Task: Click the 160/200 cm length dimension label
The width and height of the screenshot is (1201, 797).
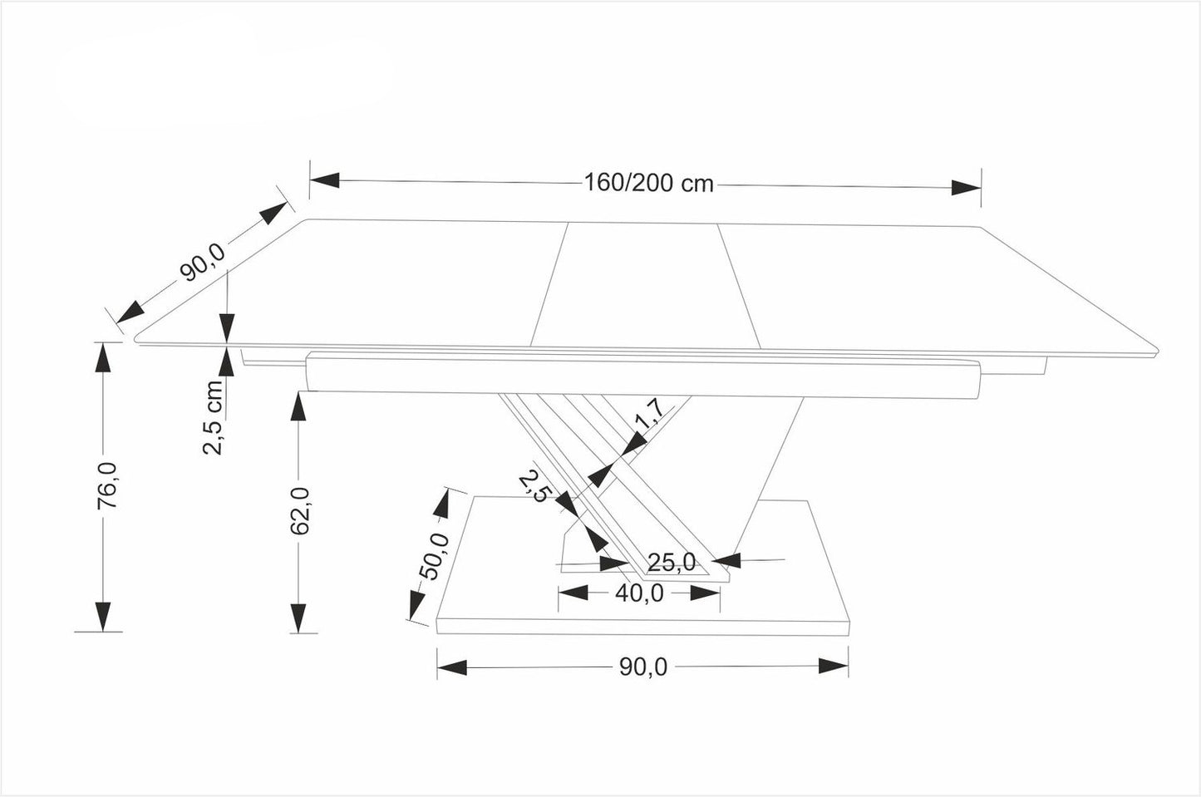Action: [648, 183]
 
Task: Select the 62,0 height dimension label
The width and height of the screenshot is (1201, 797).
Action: [302, 510]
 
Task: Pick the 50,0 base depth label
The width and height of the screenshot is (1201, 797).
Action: [433, 554]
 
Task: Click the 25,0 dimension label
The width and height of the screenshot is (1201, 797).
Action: [672, 563]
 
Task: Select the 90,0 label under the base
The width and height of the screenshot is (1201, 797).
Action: [642, 667]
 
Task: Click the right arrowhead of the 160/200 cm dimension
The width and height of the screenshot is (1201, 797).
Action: [966, 186]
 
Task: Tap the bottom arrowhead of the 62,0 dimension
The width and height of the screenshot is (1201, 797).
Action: [298, 617]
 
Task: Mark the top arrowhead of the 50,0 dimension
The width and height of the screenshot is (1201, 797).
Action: [444, 504]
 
